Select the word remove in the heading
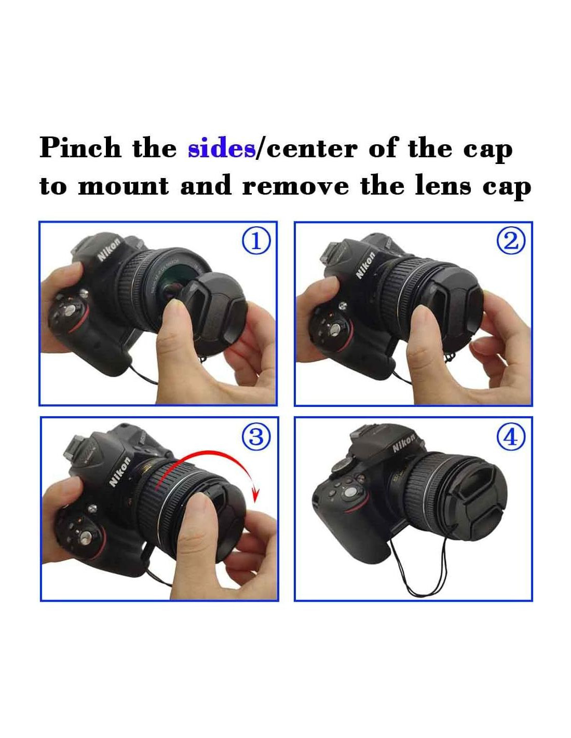pos(295,186)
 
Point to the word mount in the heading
pos(124,186)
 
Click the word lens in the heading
pos(443,185)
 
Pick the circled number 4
pos(511,438)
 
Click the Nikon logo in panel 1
pos(109,250)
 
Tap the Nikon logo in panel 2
pos(365,264)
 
